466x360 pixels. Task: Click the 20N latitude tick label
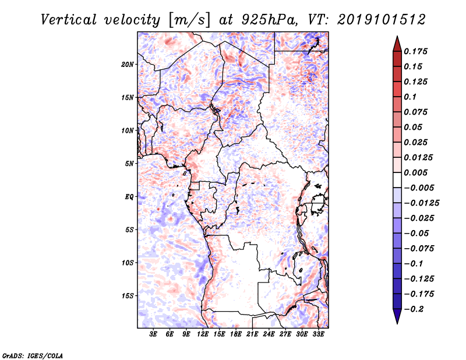pos(128,64)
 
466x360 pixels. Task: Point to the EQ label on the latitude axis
pos(129,197)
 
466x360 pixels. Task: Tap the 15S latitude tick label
pos(128,296)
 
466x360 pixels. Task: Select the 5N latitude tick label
pos(129,164)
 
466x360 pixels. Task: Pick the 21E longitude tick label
pos(252,335)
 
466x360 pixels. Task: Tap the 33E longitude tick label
pos(318,335)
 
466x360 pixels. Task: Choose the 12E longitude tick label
pos(203,335)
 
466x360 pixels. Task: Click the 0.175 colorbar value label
pos(416,51)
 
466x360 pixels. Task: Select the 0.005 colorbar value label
pos(416,172)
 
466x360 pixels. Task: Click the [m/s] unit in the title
pos(187,19)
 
